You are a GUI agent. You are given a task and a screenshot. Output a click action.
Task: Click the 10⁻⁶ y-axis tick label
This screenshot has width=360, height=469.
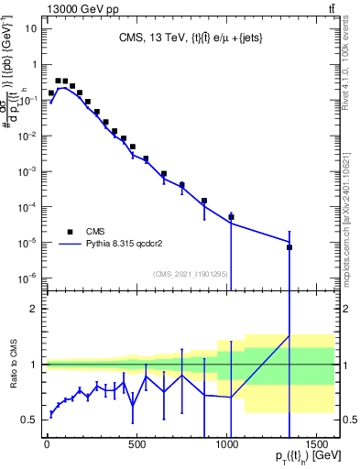(28, 278)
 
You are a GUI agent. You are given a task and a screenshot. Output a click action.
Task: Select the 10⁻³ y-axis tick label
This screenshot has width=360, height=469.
(28, 171)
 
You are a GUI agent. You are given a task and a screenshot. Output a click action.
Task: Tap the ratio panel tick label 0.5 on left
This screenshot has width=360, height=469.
(28, 420)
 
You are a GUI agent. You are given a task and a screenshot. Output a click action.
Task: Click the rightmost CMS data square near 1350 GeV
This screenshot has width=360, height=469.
(289, 247)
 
